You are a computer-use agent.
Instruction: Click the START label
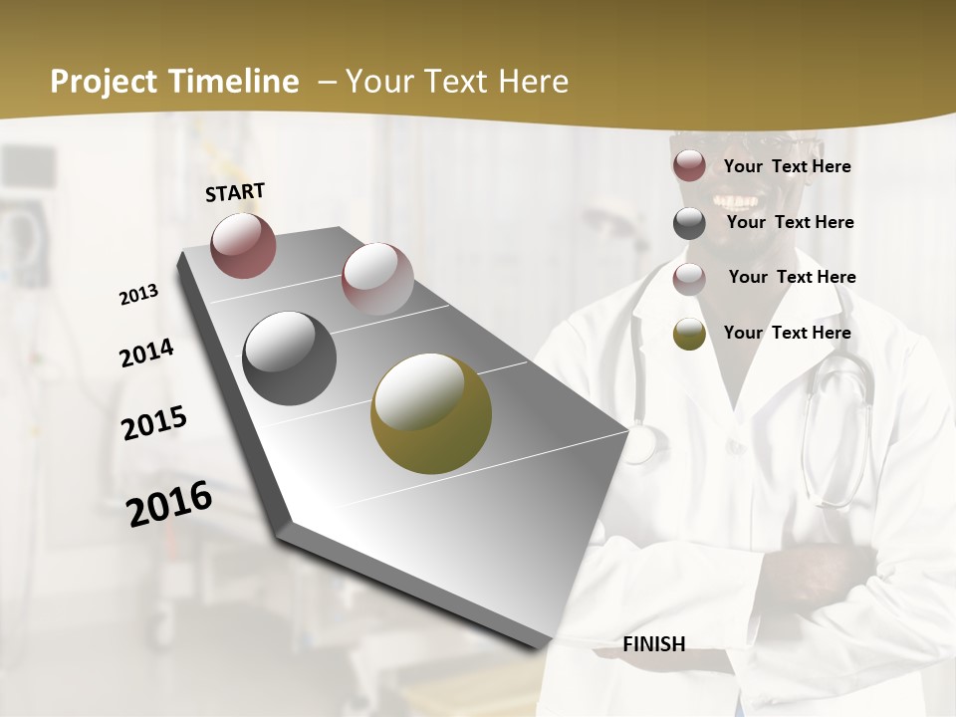pos(235,192)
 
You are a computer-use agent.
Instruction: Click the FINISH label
pos(654,644)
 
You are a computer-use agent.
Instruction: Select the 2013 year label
pos(138,295)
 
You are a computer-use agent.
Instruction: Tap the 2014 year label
pos(146,354)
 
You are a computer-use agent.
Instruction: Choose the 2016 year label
pos(169,504)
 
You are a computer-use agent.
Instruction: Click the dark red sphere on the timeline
pos(243,245)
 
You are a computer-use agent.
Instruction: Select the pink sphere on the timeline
pos(377,278)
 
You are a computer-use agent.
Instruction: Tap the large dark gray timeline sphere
pos(290,358)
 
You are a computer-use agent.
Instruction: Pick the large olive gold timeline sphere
pos(431,413)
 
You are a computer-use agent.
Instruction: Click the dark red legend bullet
pos(689,166)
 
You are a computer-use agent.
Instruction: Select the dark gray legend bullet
pos(689,223)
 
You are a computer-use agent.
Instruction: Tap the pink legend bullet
pos(689,279)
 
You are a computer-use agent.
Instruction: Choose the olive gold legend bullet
pos(689,335)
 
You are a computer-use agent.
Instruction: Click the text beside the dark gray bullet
pos(790,222)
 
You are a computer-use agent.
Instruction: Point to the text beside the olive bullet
pos(787,333)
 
